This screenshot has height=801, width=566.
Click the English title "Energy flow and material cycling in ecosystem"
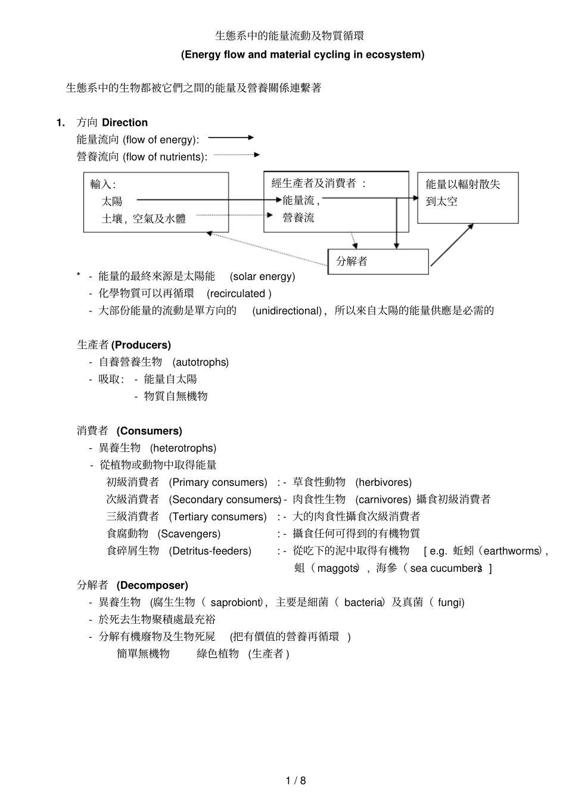(303, 55)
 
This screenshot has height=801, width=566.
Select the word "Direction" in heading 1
(125, 123)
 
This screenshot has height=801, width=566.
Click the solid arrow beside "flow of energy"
(231, 138)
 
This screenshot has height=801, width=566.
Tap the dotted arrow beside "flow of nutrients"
(237, 155)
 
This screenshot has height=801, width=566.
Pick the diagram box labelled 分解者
(378, 261)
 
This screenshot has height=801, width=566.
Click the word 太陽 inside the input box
(112, 201)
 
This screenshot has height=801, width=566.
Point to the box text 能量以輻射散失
(463, 185)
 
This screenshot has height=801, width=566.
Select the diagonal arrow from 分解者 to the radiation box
(452, 245)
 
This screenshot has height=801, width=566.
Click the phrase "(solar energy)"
(262, 276)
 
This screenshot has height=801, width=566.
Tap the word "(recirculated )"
(239, 294)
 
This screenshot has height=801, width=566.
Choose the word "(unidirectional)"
(287, 311)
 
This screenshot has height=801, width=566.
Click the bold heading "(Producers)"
(141, 345)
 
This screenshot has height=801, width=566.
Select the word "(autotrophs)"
(200, 362)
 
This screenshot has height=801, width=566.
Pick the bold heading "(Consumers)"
(150, 431)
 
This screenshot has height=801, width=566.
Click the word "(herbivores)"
(383, 482)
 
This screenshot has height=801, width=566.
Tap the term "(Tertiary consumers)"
(217, 517)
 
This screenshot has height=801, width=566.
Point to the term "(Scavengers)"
(189, 534)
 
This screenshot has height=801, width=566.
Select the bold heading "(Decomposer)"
(152, 586)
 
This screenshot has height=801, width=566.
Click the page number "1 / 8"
(296, 781)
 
